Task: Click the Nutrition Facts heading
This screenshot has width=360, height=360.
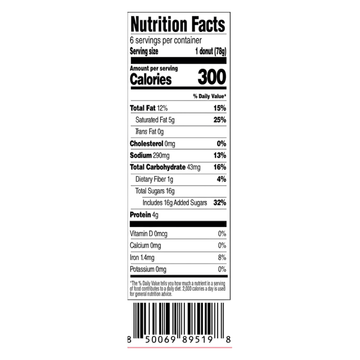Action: coord(178,24)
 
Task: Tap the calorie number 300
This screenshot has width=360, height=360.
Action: coord(212,77)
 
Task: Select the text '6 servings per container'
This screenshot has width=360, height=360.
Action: coord(166,40)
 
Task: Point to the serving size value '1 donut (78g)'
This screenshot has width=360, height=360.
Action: coord(211,51)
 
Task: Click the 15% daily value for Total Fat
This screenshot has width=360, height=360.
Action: coord(220,108)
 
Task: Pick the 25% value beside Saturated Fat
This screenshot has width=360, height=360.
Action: coord(220,120)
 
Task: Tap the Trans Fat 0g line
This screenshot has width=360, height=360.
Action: coord(149,132)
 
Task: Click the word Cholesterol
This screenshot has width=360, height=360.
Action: coord(147,144)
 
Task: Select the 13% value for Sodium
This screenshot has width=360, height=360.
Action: coord(220,155)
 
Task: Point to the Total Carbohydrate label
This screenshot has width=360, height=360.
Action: coord(158,167)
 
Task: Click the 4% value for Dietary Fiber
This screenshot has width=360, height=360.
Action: coord(221,179)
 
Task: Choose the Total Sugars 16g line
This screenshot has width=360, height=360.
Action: coord(155,191)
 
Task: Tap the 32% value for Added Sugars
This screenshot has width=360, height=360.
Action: coord(220,202)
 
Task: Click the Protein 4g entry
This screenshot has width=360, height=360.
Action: coord(144,215)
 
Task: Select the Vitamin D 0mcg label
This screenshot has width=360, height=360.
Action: coord(148,234)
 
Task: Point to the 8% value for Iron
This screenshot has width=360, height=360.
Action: coord(222,257)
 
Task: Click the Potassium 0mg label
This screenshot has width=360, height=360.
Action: coord(148,269)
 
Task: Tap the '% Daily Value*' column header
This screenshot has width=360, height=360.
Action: coord(210,96)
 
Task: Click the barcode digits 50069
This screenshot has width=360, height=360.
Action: coord(161,339)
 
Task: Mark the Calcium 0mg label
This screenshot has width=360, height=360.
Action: coord(145,245)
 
